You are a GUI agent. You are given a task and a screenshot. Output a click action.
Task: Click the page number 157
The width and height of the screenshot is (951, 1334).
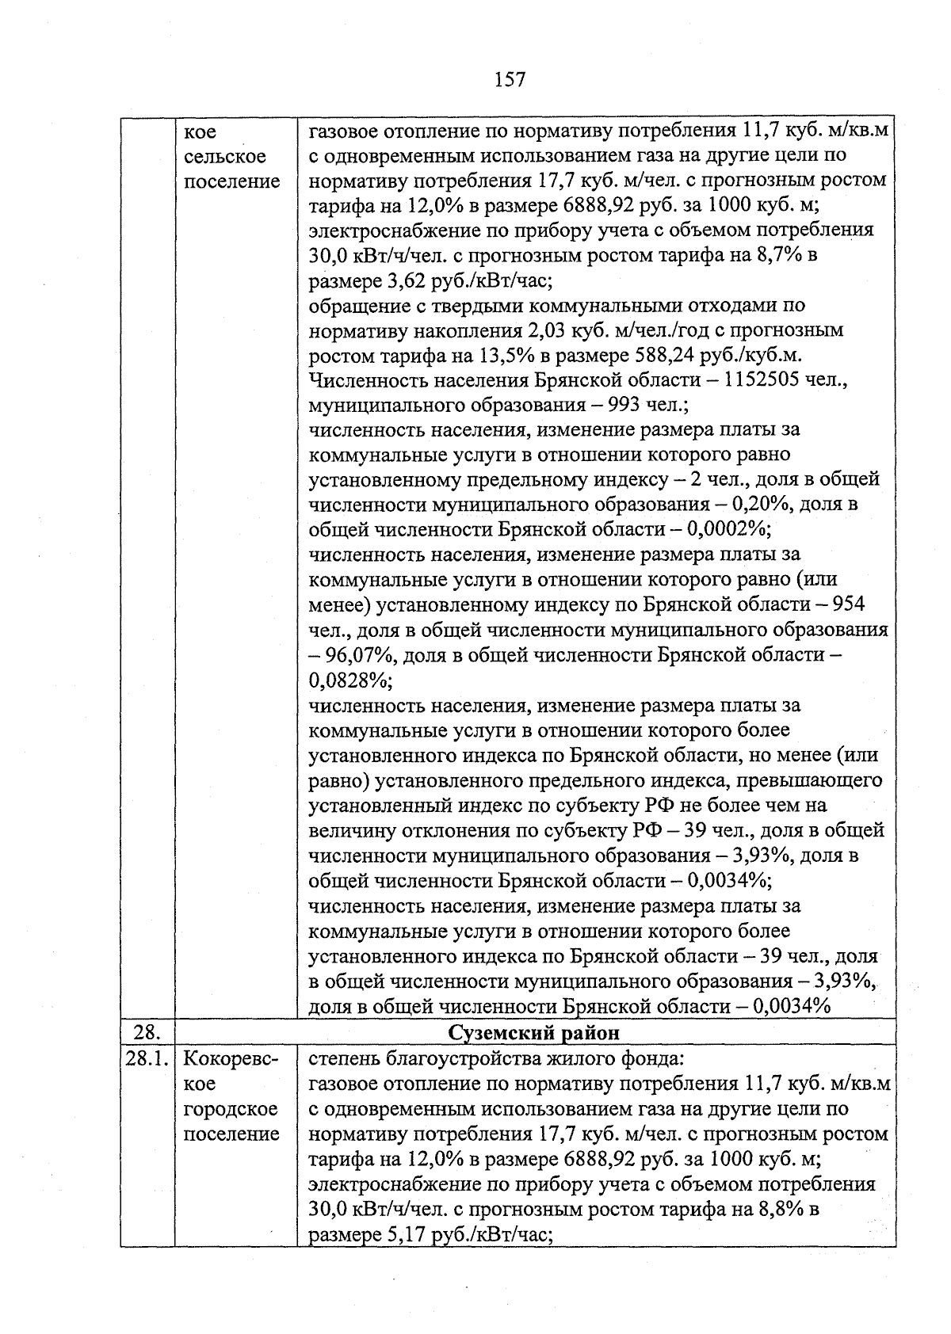pos(509,79)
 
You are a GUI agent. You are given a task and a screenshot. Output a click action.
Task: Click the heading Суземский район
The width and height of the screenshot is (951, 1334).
pos(533,1033)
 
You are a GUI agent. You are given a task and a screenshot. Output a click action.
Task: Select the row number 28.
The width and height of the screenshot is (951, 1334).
pos(146,1033)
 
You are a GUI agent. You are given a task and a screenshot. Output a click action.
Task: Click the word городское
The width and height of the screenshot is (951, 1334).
pos(231,1109)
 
